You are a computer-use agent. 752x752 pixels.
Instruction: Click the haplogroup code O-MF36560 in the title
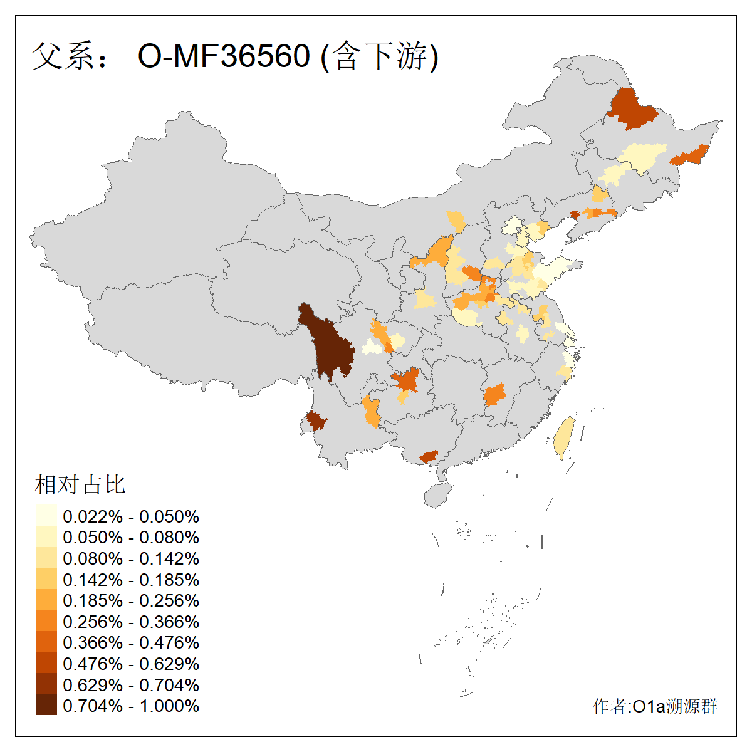[224, 56]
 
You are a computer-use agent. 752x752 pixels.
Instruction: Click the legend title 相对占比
[80, 484]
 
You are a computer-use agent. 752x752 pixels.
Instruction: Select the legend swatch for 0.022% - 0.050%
[46, 516]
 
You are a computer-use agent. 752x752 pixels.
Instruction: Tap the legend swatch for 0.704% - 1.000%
[46, 705]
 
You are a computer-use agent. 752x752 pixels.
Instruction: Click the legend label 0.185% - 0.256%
[131, 600]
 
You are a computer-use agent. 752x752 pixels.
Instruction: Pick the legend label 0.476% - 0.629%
[131, 664]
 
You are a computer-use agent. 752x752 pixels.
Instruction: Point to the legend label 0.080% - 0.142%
[131, 558]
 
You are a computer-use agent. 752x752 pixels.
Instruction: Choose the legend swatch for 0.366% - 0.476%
[46, 642]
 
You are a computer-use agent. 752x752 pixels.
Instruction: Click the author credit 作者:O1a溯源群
[655, 706]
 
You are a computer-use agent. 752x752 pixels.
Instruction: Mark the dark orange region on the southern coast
[429, 456]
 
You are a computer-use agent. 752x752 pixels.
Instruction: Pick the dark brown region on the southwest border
[315, 420]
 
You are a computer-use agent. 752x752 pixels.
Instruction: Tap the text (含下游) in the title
[379, 56]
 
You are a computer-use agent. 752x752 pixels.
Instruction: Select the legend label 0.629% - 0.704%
[131, 685]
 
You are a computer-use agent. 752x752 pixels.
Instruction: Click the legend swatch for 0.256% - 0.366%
[46, 621]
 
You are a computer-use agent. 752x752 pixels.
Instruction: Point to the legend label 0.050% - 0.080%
[131, 537]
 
